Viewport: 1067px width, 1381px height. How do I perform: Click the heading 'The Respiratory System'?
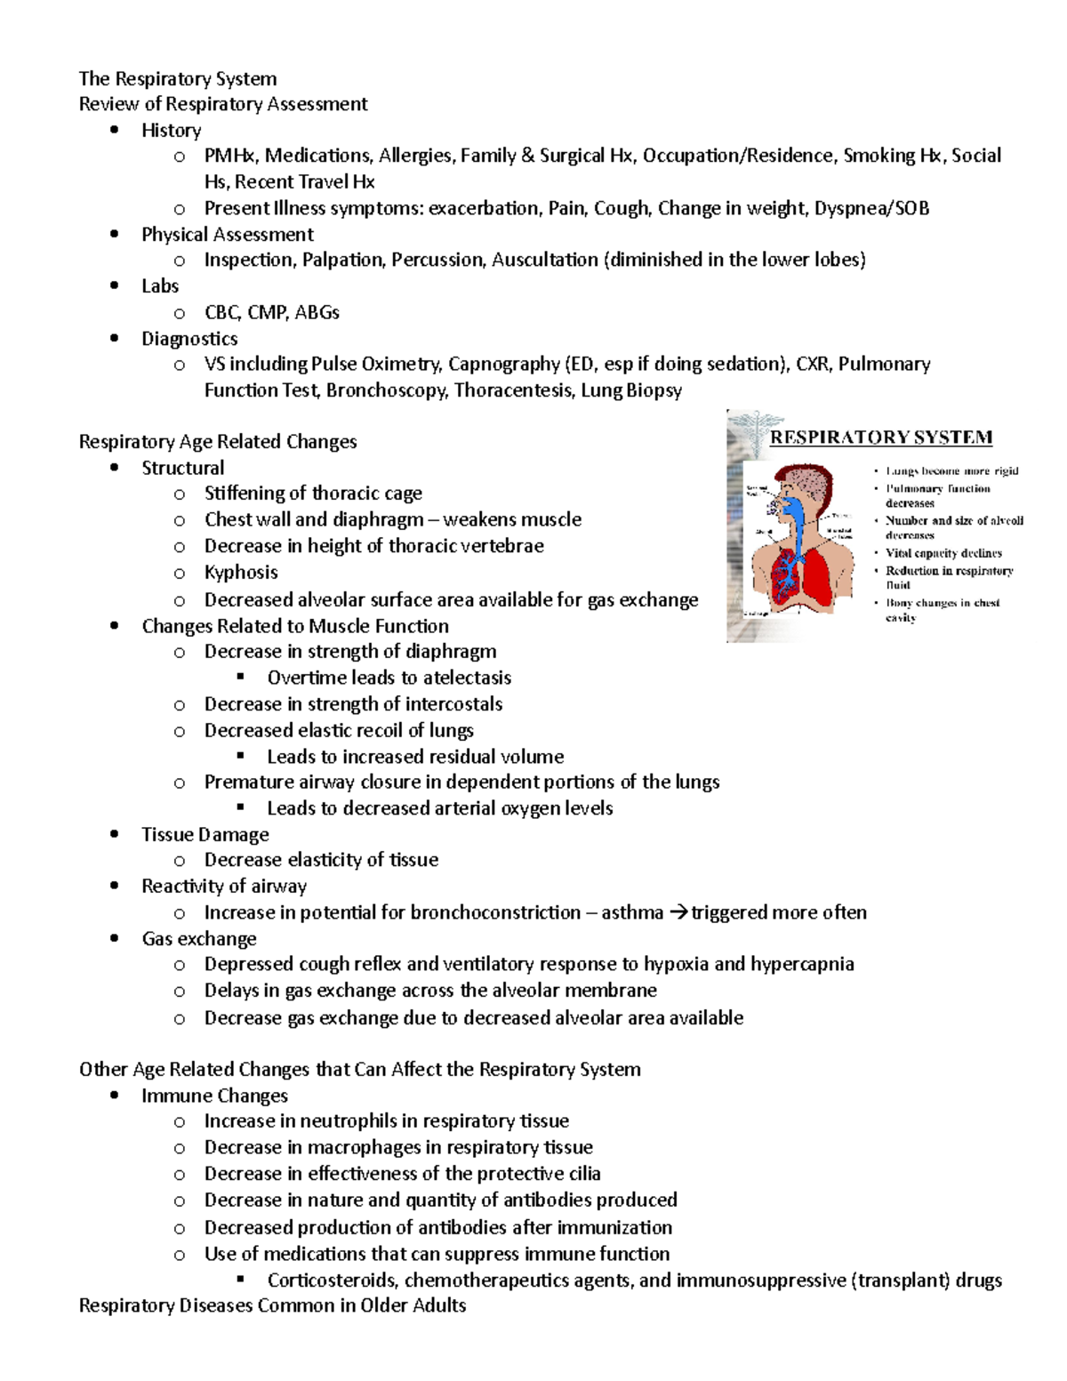tap(178, 79)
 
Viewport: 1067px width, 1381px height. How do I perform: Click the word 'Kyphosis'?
tap(241, 573)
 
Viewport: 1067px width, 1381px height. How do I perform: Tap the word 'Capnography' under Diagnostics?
tap(503, 365)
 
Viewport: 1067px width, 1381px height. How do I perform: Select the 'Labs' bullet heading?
tap(160, 286)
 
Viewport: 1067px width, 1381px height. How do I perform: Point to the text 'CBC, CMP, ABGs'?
tap(271, 313)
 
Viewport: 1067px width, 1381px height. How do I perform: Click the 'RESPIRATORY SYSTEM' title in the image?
tap(880, 438)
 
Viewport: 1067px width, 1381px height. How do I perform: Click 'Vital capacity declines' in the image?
tap(943, 553)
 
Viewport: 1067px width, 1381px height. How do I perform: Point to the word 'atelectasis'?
tap(467, 678)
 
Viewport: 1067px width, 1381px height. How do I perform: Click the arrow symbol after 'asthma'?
tap(678, 913)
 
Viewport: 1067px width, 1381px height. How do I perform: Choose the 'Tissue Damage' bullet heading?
tap(205, 835)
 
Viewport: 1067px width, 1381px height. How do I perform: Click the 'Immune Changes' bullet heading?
tap(214, 1096)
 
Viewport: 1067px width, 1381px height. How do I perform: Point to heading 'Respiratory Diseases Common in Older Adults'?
tap(272, 1306)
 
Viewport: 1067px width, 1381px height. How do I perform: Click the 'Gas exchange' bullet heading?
tap(198, 939)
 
